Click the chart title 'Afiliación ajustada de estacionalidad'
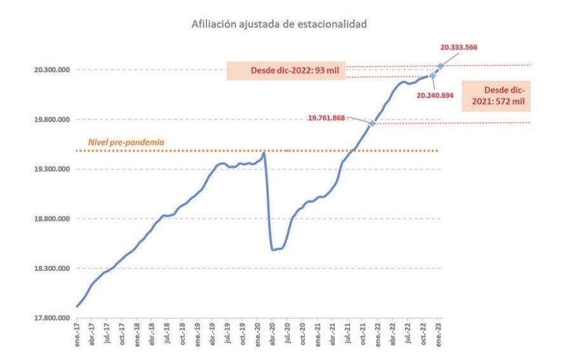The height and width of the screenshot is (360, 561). pyautogui.click(x=280, y=24)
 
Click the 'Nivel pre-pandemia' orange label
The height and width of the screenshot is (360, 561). pyautogui.click(x=125, y=142)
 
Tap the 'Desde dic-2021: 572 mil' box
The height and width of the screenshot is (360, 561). pyautogui.click(x=496, y=95)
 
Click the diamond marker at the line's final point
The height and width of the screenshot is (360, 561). pyautogui.click(x=440, y=65)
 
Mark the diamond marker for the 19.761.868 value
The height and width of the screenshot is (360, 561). pyautogui.click(x=372, y=123)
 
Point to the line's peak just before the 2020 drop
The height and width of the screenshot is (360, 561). pyautogui.click(x=264, y=152)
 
